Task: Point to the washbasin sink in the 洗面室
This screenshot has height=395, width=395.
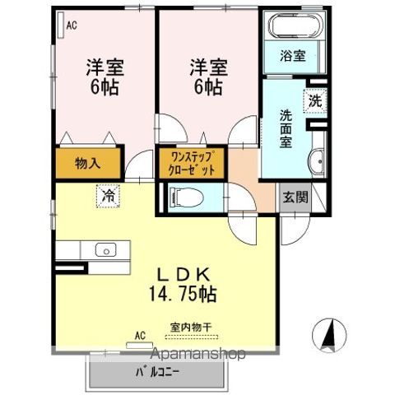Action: coord(318,161)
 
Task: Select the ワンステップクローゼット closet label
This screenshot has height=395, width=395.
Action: coord(193,161)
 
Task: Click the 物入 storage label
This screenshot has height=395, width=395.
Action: coord(88,162)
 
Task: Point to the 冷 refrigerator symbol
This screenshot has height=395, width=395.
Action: coord(107,196)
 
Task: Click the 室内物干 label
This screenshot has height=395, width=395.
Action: coord(191,328)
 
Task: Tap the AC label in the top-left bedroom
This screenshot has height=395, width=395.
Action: coord(72,26)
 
